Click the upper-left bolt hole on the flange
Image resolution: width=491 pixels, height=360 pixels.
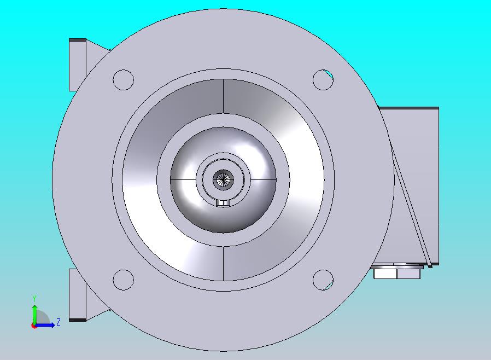pos(123,80)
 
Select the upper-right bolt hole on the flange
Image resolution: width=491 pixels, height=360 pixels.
pos(323,80)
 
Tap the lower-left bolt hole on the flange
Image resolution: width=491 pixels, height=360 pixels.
pos(123,280)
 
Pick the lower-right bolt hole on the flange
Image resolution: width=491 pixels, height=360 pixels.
pos(323,280)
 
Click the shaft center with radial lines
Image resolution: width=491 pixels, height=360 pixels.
pos(223,180)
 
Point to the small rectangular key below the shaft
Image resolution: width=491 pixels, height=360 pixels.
pos(223,203)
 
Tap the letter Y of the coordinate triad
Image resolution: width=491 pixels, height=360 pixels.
pos(34,298)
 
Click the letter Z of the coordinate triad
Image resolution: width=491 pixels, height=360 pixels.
pos(59,322)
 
